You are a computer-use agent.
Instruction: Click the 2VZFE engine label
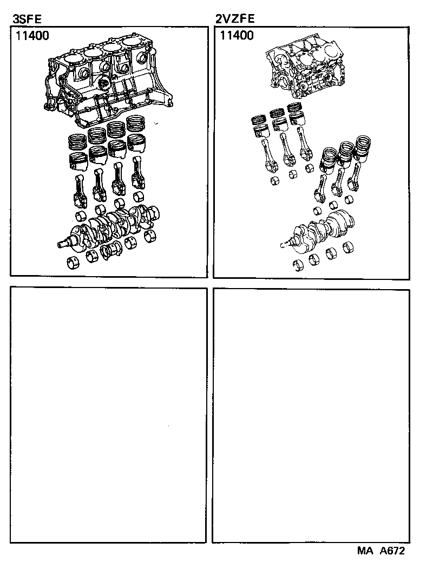[235, 20]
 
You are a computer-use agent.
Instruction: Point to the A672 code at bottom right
[392, 551]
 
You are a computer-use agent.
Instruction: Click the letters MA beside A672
[365, 551]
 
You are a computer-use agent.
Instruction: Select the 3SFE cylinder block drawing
[108, 81]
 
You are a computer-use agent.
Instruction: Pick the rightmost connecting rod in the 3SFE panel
[137, 173]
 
